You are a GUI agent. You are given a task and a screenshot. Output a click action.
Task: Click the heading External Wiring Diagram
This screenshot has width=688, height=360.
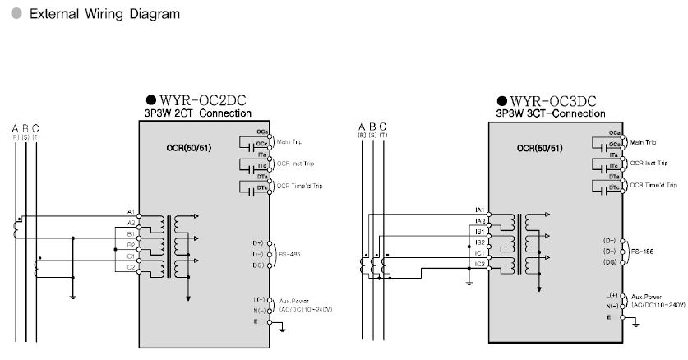[x=104, y=15]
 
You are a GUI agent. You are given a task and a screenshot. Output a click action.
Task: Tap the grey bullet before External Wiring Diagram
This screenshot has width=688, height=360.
[x=16, y=15]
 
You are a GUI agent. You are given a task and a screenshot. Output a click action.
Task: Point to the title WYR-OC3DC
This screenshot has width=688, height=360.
[x=547, y=99]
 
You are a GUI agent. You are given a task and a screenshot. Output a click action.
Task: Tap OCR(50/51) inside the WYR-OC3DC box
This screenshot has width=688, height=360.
[x=539, y=149]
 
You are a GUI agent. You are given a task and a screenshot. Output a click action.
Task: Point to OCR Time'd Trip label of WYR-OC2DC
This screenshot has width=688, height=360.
[x=299, y=186]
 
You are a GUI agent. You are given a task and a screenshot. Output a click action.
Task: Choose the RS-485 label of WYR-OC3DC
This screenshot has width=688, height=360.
[x=641, y=252]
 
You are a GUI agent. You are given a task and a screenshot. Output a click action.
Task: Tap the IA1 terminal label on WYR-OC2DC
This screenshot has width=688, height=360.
[x=129, y=212]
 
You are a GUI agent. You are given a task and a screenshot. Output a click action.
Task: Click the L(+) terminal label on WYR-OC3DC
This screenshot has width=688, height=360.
[x=612, y=294]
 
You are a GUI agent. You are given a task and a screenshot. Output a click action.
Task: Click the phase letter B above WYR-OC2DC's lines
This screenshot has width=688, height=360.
[x=25, y=127]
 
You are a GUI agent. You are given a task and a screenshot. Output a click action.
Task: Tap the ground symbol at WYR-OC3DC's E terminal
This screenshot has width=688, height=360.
[x=635, y=321]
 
